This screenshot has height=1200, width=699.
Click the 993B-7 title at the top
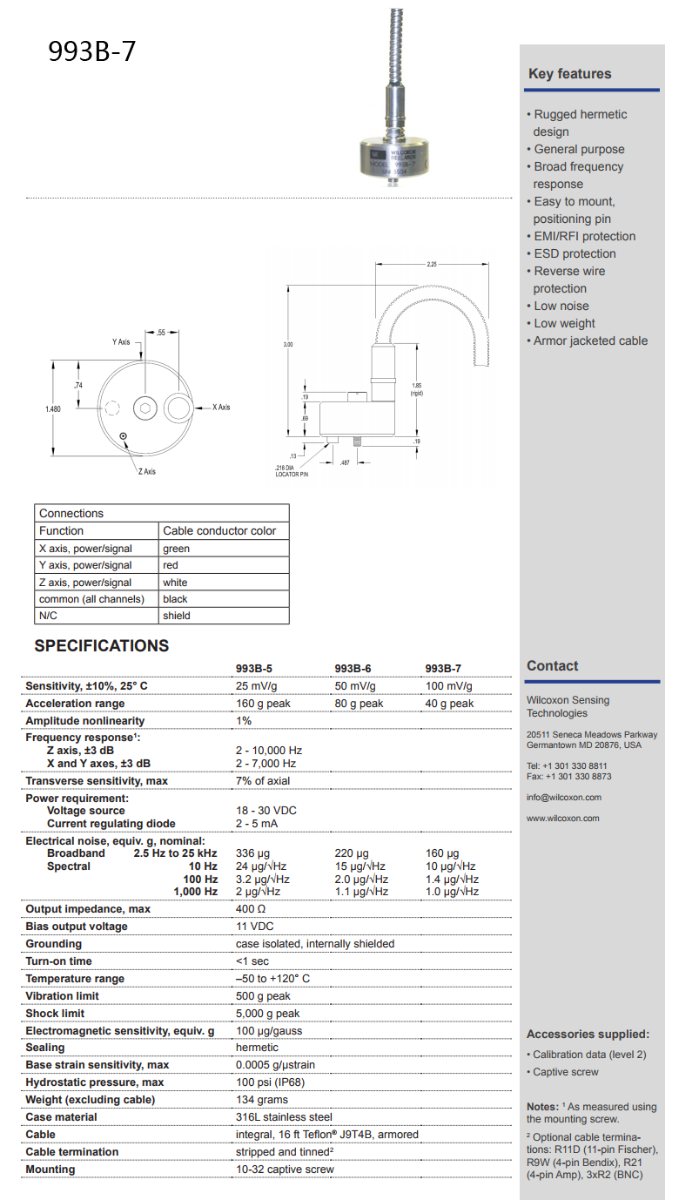pyautogui.click(x=92, y=51)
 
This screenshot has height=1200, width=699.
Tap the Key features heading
pyautogui.click(x=569, y=74)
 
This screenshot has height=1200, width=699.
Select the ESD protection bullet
pyautogui.click(x=575, y=253)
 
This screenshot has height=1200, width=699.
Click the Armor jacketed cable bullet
pyautogui.click(x=590, y=340)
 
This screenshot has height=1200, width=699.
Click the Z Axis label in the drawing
pyautogui.click(x=146, y=471)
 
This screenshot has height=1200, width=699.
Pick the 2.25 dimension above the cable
pyautogui.click(x=432, y=264)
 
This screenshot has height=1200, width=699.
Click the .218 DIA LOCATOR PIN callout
pyautogui.click(x=292, y=471)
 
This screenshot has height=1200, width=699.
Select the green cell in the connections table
pyautogui.click(x=176, y=549)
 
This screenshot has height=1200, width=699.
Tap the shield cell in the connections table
pyautogui.click(x=176, y=616)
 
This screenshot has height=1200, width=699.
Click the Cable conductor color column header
pyautogui.click(x=219, y=530)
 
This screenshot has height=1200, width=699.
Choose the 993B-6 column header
pyautogui.click(x=353, y=668)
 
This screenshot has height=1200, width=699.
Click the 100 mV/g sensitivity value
pyautogui.click(x=448, y=686)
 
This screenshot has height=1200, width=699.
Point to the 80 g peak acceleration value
pyautogui.click(x=359, y=704)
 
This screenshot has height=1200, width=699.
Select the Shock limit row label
pyautogui.click(x=55, y=1013)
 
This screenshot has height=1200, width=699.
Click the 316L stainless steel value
pyautogui.click(x=284, y=1116)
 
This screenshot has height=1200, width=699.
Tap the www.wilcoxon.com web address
pyautogui.click(x=562, y=818)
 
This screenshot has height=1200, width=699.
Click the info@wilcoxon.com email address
pyautogui.click(x=563, y=797)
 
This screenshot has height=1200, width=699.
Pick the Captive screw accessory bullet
pyautogui.click(x=565, y=1072)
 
